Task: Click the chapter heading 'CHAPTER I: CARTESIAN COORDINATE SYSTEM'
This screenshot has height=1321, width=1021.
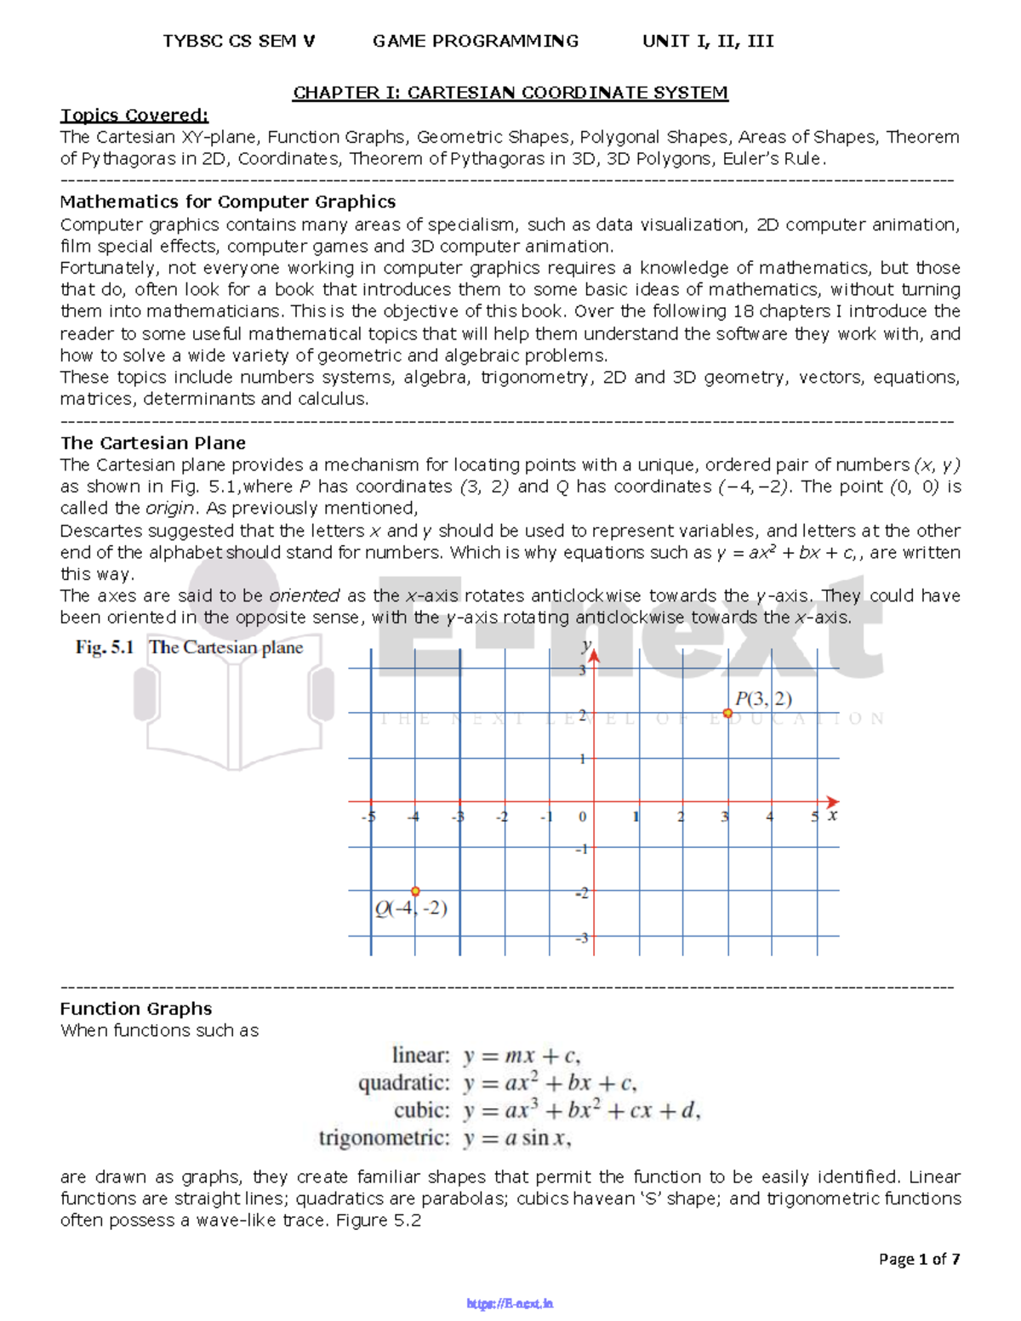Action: (510, 93)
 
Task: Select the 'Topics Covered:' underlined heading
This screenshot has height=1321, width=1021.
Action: (134, 115)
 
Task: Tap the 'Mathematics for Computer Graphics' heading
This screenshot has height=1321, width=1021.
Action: (227, 202)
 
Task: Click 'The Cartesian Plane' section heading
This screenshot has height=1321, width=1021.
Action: (152, 442)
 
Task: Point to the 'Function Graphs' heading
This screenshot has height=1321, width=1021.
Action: (135, 1008)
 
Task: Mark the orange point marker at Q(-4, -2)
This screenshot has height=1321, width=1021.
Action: (415, 891)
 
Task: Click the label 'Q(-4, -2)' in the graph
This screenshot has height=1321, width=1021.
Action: (411, 908)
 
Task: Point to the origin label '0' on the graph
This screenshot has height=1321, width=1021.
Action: (583, 817)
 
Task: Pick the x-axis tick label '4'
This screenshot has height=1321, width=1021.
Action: (769, 817)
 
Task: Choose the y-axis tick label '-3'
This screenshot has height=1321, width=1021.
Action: (582, 937)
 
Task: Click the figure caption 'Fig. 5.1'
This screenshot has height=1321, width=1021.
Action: (105, 647)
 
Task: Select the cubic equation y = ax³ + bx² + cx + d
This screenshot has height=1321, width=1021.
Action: (582, 1110)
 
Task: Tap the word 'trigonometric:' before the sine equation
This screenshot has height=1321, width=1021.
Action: (384, 1138)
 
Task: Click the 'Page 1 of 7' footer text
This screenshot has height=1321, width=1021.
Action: (919, 1258)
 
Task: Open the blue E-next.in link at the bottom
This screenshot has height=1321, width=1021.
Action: (510, 1303)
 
